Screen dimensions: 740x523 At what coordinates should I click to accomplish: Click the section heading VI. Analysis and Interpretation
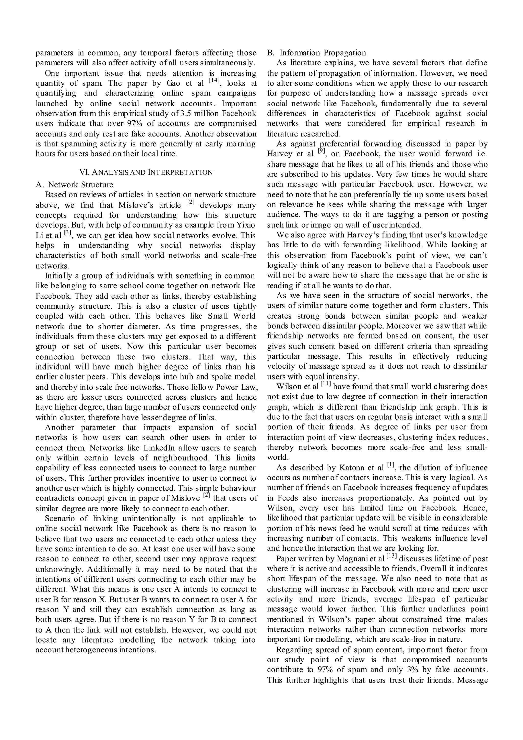point(146,172)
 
